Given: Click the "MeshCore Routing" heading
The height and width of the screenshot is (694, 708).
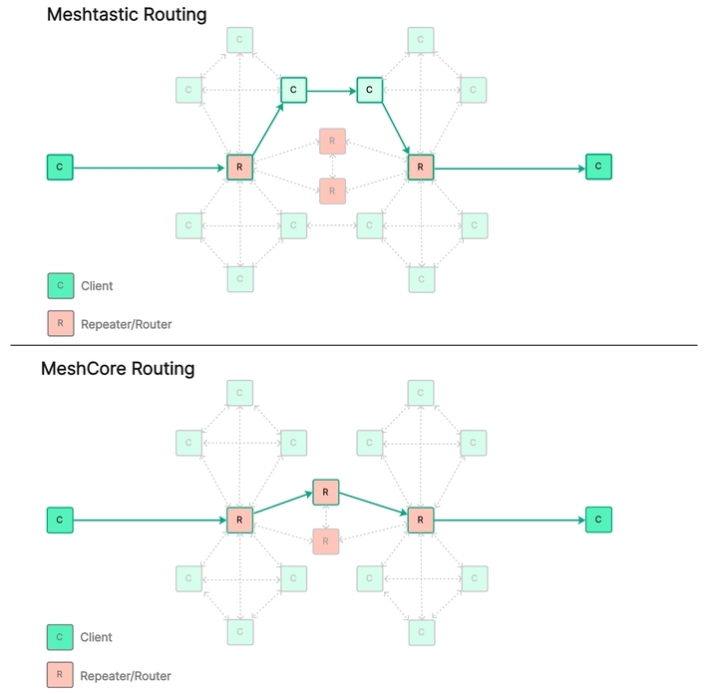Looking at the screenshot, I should coord(118,368).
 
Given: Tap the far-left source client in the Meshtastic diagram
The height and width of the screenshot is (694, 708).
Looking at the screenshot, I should coord(60,167).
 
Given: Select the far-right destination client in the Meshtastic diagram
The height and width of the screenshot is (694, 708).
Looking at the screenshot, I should coord(598,167).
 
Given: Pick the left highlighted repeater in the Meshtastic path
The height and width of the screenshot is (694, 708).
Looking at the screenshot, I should coord(239,168).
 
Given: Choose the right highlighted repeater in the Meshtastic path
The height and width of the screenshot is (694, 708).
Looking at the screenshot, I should coord(421,168).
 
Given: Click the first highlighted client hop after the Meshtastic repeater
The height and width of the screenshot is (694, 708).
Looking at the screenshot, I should coord(293,90).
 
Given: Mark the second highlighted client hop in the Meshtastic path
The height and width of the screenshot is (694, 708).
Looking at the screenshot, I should coord(370,90).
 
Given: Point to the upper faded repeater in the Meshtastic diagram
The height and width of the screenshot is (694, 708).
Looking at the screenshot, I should coord(332,141).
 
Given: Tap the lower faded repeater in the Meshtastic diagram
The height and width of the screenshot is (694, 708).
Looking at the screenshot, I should coord(332,191).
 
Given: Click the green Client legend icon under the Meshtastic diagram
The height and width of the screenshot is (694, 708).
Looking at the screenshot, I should coord(61,286).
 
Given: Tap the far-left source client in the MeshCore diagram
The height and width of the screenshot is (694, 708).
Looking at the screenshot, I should coord(60,520).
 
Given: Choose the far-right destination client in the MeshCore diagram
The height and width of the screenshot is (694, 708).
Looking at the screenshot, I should coord(598,520).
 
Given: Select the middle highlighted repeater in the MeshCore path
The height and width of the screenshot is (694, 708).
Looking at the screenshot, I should coord(326,493).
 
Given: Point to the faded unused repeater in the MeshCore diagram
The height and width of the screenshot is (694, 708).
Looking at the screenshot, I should coord(326,541).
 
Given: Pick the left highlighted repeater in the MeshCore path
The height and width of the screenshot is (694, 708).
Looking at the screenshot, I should coord(239,520).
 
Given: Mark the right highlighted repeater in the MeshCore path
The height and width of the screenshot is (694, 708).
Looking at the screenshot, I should coord(421,520).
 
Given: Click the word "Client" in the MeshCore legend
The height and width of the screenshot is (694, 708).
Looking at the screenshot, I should coord(97,637).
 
